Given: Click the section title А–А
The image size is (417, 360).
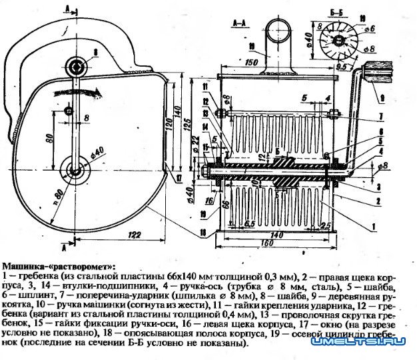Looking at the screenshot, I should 240,23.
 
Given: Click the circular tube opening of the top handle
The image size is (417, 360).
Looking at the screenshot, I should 276,30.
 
